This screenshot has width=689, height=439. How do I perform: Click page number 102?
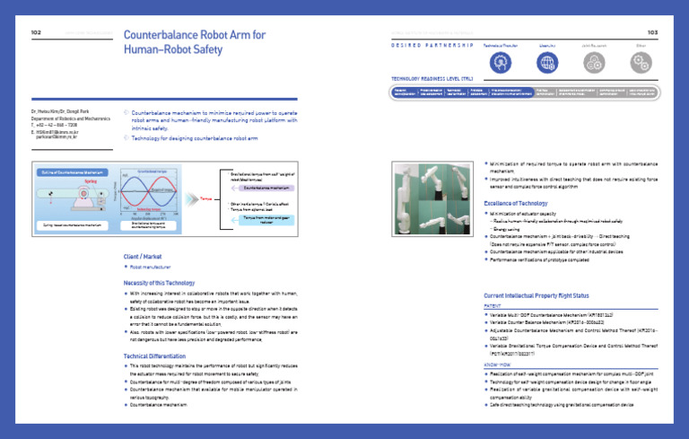click(x=36, y=33)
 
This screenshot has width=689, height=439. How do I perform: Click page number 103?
click(x=652, y=33)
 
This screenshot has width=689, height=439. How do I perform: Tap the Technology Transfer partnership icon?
click(x=501, y=62)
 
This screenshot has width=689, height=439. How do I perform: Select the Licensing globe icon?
click(x=546, y=62)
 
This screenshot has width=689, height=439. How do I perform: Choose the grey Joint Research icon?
click(x=593, y=62)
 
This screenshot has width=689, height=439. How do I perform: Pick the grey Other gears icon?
click(x=640, y=62)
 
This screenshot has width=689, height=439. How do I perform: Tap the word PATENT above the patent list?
click(x=493, y=306)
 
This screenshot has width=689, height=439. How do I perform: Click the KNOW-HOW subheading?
click(x=497, y=366)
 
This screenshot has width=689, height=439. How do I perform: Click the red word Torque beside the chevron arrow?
click(x=206, y=192)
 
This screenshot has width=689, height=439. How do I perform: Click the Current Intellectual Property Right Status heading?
click(x=536, y=294)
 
